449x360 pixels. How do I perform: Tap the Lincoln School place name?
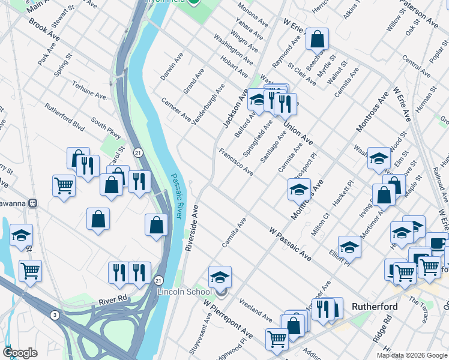184,292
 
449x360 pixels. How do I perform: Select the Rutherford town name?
375,307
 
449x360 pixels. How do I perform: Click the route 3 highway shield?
55,315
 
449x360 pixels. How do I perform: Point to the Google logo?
20,352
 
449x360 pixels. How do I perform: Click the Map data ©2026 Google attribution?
412,355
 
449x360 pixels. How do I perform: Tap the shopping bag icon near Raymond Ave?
317,39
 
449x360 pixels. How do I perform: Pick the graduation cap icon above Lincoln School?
220,277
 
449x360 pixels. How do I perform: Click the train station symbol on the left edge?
35,203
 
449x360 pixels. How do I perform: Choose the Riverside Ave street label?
192,229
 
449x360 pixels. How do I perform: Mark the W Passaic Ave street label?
290,244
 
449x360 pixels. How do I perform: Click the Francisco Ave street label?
235,163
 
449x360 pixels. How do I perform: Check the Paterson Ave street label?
419,14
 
